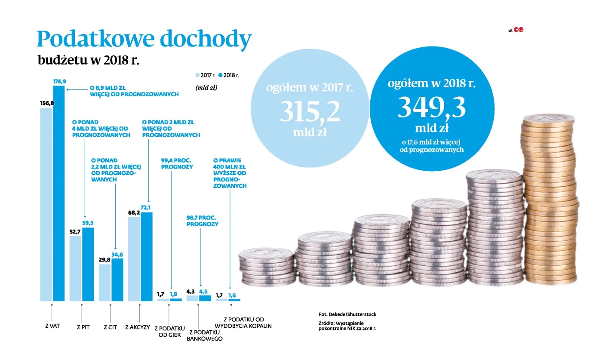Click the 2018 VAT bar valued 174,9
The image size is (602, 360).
(x=58, y=194)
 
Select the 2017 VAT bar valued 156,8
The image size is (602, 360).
(x=46, y=204)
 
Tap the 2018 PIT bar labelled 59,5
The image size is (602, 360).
(x=88, y=265)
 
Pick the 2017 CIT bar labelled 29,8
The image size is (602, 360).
(x=104, y=283)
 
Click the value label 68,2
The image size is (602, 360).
(x=134, y=213)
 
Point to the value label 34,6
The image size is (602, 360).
(x=117, y=254)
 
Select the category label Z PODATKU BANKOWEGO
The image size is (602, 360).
(x=205, y=335)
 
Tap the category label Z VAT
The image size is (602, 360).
(x=52, y=326)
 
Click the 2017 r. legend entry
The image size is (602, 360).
(x=206, y=75)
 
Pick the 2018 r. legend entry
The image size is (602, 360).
(x=229, y=75)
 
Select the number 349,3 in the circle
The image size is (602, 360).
(x=431, y=108)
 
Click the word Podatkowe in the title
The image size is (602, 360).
(x=95, y=40)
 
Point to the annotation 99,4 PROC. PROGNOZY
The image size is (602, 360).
(x=177, y=163)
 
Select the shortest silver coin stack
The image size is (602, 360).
(x=267, y=267)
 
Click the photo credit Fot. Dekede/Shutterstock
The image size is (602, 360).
(x=347, y=314)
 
